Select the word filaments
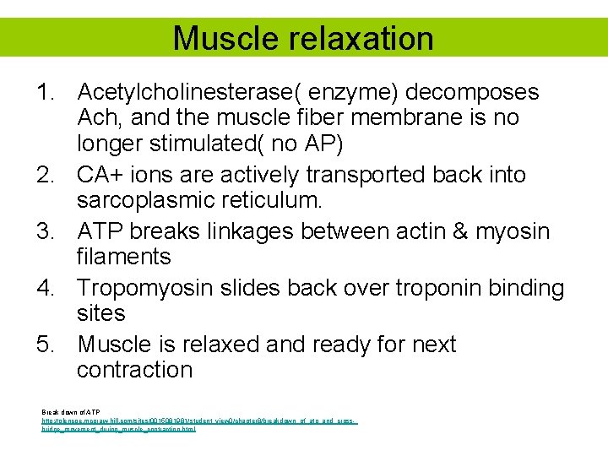[x=123, y=257]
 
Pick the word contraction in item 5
[x=134, y=371]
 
